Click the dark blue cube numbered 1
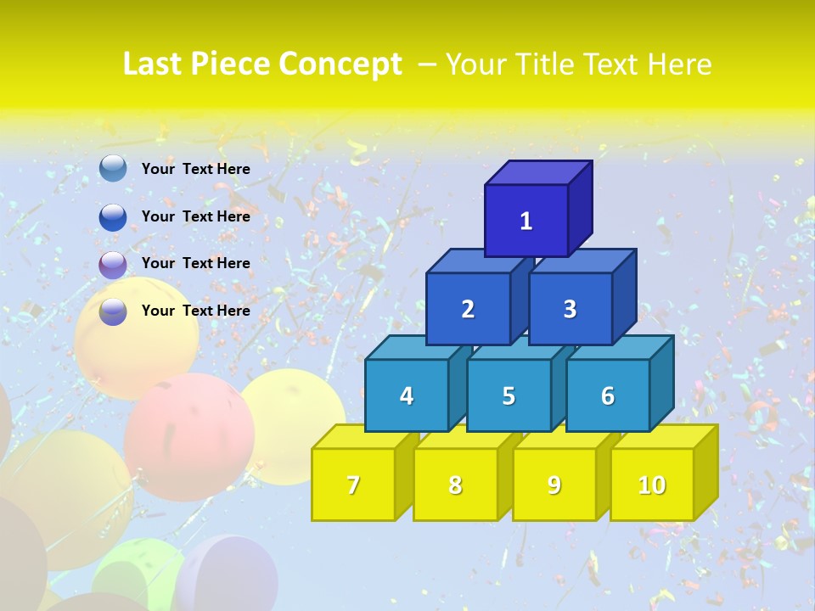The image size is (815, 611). [x=526, y=221]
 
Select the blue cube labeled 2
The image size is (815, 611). [x=468, y=309]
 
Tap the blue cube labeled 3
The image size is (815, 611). [x=570, y=309]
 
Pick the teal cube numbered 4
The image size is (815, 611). [x=407, y=395]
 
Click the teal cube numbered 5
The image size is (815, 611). [x=509, y=395]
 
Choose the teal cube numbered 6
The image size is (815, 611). [x=608, y=395]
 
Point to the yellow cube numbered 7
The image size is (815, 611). [x=353, y=485]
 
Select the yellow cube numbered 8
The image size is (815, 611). [x=455, y=485]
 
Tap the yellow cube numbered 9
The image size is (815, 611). [x=554, y=485]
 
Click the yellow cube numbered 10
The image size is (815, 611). [x=652, y=485]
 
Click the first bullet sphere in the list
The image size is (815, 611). [x=113, y=169]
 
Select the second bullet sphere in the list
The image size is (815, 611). [x=113, y=216]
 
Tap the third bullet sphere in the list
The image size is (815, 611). [x=113, y=264]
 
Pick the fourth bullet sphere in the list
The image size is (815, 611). [x=113, y=311]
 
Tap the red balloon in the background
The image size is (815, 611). [x=188, y=437]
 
